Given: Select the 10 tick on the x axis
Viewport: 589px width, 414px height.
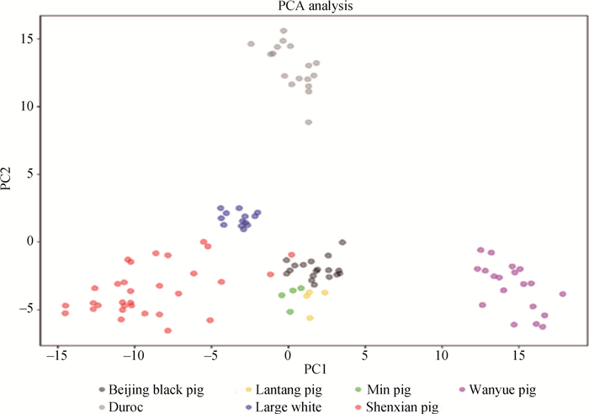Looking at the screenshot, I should (442, 355).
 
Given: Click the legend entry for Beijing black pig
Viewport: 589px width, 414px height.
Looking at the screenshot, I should (151, 389).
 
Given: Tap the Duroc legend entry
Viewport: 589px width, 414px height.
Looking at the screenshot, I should (125, 406).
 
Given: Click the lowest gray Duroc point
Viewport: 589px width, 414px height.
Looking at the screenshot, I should (309, 122).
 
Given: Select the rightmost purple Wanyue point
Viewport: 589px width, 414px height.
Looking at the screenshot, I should (563, 294).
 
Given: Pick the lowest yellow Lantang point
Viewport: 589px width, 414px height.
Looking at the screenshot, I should (310, 318).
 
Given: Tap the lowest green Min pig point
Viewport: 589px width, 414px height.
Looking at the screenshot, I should (289, 311).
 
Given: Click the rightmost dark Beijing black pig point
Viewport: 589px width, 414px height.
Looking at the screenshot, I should (342, 242).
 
